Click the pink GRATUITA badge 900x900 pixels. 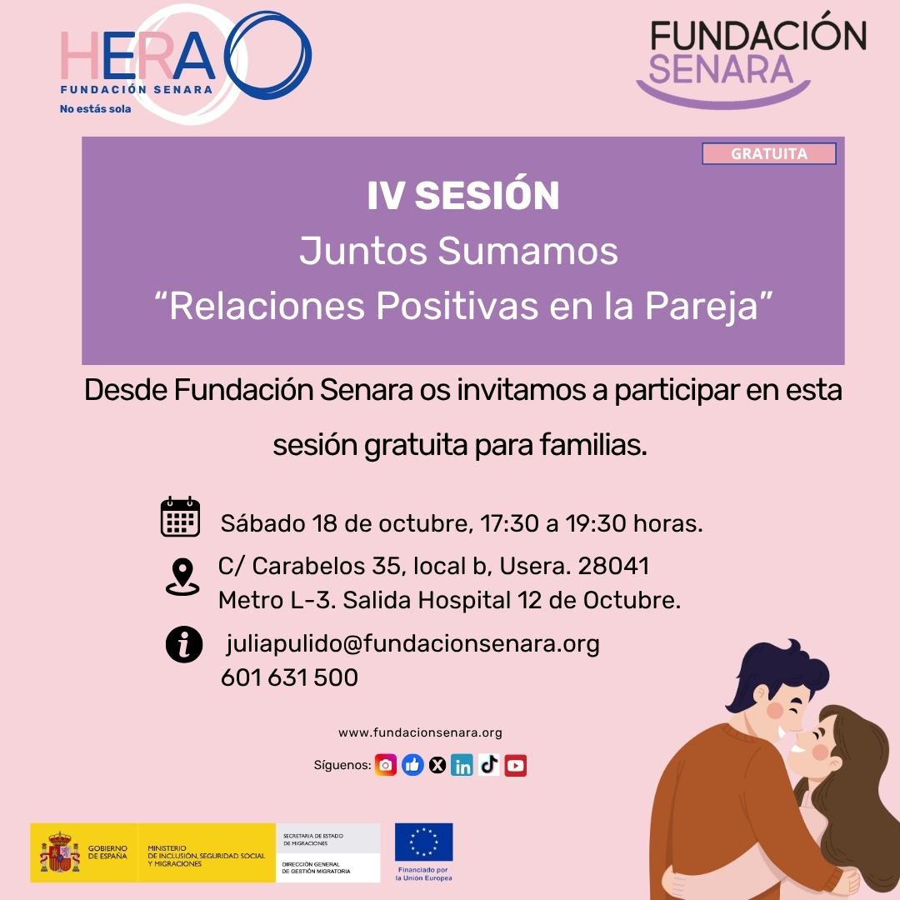coord(768,153)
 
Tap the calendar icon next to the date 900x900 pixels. coord(180,517)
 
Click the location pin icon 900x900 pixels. coord(182,577)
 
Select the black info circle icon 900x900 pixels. coord(184,644)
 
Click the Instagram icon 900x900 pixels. coord(386,765)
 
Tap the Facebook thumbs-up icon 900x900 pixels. coord(412,765)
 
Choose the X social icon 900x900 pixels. coord(437,765)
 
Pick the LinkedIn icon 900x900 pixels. coord(462,765)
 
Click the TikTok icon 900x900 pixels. coord(488,765)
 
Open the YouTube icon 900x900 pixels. coord(516,765)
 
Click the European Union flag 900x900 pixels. coord(423,842)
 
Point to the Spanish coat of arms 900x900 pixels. coord(60,852)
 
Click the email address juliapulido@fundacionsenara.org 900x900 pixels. coord(412,644)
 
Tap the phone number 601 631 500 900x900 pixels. coord(289,677)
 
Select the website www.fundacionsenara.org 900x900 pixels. coord(420,733)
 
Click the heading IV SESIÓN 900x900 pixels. coord(463,196)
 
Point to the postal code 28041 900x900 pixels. coord(613,567)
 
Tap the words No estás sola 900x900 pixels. coord(95,109)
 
